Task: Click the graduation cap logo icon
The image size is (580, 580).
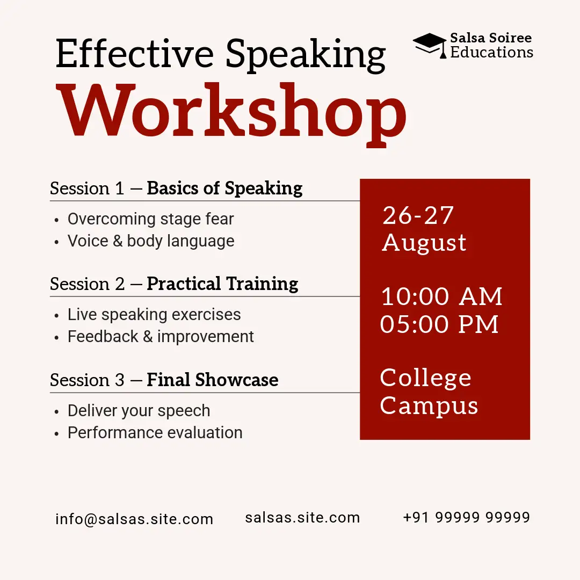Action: coord(430,45)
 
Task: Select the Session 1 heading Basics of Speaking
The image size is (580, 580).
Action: coord(224,189)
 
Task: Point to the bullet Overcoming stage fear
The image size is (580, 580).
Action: coord(150,219)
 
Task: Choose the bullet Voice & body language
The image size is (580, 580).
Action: coord(151,241)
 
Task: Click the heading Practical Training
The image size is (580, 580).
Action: coord(222,284)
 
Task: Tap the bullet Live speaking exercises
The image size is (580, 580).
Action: coord(154,315)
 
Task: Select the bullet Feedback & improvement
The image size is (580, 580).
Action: coord(161,337)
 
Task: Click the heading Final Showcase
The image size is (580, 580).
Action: coord(212,380)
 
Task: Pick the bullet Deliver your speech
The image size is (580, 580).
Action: coord(139,411)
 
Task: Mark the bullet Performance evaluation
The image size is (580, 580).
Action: coord(155,433)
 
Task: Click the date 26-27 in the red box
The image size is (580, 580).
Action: coord(418,215)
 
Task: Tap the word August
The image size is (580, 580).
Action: coord(424,243)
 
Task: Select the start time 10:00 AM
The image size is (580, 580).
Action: coord(441,296)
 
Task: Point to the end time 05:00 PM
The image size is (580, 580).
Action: coord(439,324)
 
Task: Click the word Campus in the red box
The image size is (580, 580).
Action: coord(429,406)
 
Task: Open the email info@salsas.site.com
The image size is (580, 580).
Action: coord(134,519)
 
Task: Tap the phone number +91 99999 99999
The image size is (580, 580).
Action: coord(467,517)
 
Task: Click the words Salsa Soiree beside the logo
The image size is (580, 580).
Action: coord(491,38)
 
